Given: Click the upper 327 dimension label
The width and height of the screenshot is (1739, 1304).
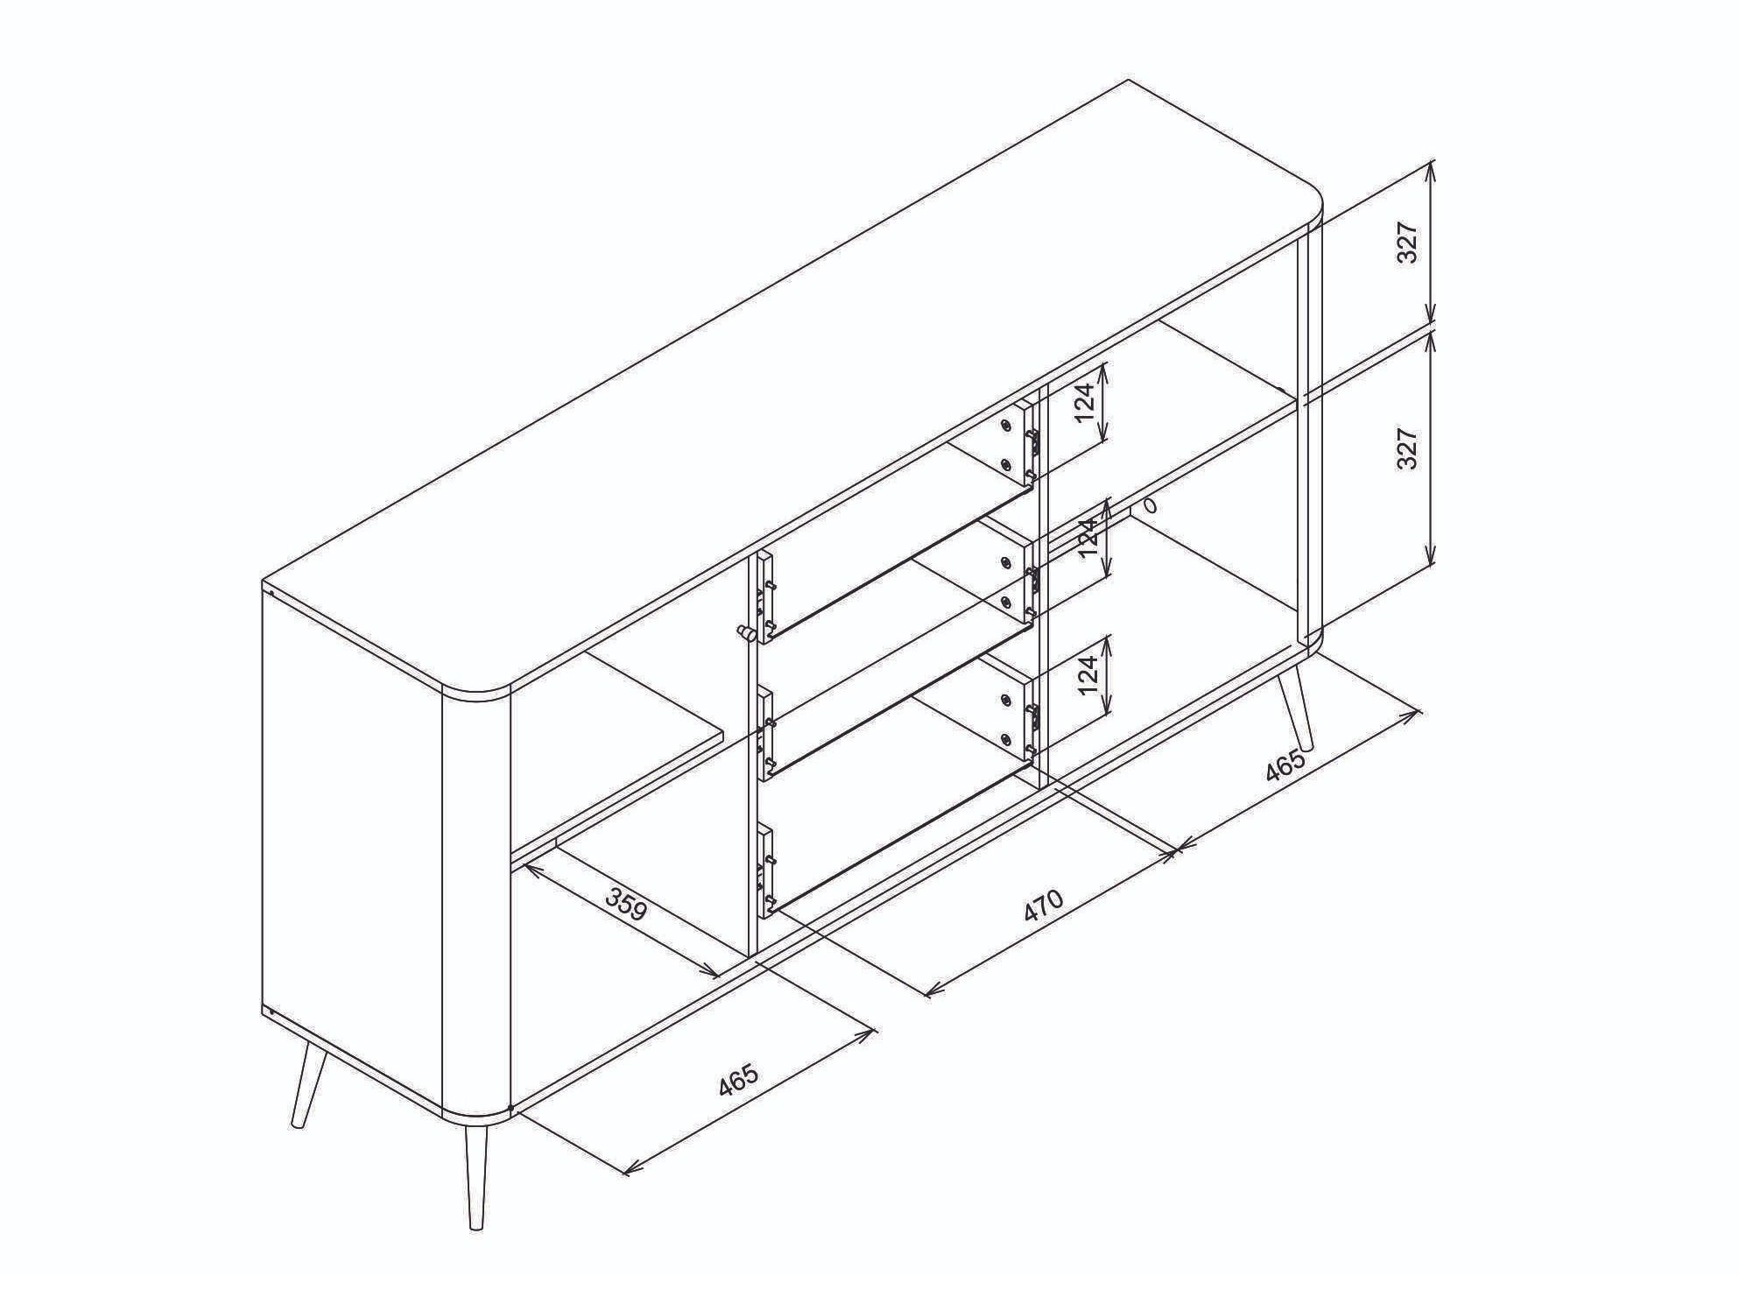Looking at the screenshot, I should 1406,243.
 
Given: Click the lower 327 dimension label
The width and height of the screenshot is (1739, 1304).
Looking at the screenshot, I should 1406,448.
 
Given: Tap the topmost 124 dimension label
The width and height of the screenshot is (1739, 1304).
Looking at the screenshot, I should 1085,402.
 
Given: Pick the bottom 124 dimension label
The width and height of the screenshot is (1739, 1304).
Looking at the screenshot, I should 1087,674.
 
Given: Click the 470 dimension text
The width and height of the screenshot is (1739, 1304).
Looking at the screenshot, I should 1044,906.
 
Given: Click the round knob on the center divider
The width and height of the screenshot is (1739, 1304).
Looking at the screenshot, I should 745,631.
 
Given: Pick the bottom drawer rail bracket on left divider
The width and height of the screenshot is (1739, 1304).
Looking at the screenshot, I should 766,871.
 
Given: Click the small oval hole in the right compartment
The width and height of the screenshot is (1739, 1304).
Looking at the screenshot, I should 1150,506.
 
